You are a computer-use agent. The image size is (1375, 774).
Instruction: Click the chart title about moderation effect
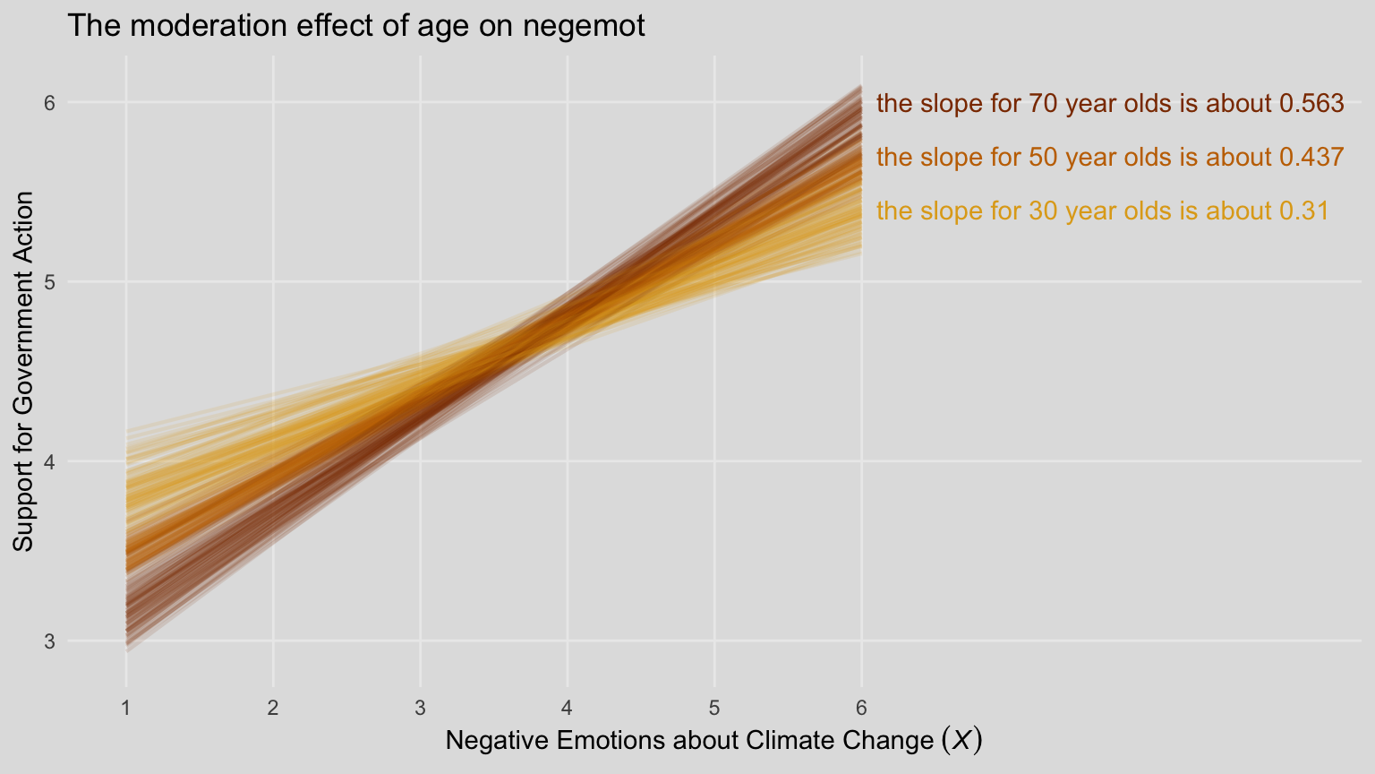coord(355,26)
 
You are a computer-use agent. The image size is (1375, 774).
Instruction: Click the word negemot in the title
coord(583,27)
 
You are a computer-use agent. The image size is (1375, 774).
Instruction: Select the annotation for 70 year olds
coord(1109,104)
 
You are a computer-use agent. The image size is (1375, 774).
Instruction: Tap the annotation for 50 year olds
coord(1109,158)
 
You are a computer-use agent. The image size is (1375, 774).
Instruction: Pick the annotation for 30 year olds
coord(1102,211)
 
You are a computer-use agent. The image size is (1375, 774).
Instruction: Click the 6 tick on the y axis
coord(50,103)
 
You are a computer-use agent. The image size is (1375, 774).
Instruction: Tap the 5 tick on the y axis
coord(50,282)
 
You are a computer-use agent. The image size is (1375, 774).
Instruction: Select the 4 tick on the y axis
coord(50,462)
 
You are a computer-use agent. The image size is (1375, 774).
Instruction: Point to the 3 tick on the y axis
coord(50,641)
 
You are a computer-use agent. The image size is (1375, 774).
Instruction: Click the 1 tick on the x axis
coord(126,708)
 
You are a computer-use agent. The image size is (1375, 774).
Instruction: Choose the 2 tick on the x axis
coord(273,708)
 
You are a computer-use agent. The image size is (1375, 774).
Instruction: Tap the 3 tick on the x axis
coord(420,708)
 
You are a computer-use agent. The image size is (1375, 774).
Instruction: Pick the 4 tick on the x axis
coord(568,708)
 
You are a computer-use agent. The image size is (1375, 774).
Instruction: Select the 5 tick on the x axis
coord(714,708)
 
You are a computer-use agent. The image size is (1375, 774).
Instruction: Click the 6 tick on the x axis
coord(861,708)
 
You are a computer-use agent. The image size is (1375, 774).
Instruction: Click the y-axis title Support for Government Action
coord(24,372)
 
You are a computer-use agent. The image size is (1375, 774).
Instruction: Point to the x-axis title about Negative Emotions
coord(713,741)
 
